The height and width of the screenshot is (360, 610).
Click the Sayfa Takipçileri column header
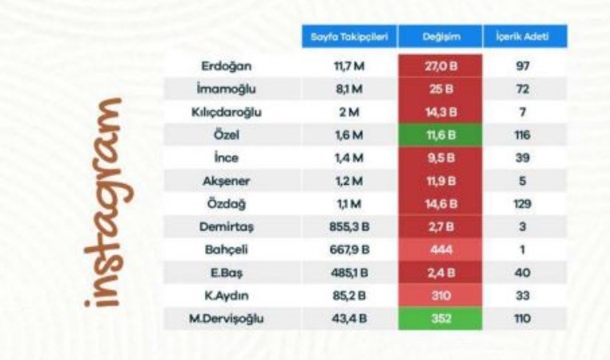click(350, 37)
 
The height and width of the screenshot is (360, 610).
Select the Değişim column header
click(439, 37)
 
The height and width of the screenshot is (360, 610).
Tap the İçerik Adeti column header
click(525, 37)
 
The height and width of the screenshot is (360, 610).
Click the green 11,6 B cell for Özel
click(439, 135)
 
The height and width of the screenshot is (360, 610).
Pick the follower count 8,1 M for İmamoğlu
click(350, 89)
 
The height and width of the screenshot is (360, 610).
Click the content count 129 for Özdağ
click(525, 205)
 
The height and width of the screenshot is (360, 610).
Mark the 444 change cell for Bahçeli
click(439, 250)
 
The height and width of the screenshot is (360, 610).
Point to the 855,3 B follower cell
click(350, 228)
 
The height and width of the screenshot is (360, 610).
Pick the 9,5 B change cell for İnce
click(439, 158)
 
